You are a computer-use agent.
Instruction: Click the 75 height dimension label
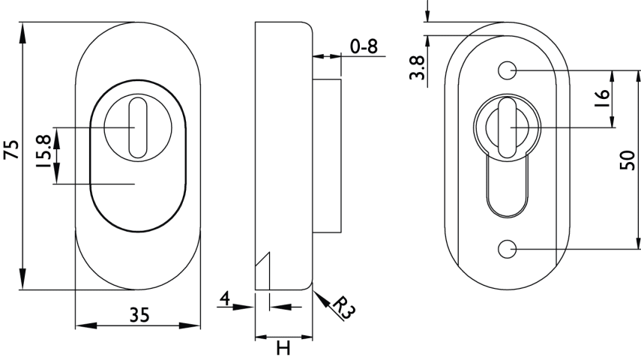[x=11, y=150]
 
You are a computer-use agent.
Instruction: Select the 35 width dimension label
[x=139, y=315]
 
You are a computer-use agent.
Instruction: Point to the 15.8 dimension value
[x=43, y=151]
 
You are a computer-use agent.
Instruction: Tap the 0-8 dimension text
[x=364, y=46]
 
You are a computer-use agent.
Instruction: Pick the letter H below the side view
[x=283, y=348]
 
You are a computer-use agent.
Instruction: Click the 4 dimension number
[x=225, y=298]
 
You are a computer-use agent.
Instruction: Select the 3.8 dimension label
[x=418, y=68]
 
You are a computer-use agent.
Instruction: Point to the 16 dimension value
[x=602, y=98]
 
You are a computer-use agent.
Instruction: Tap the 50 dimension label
[x=628, y=160]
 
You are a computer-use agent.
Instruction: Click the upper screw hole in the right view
[x=507, y=70]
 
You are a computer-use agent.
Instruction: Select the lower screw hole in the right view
[x=507, y=249]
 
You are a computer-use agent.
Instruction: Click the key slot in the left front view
[x=138, y=127]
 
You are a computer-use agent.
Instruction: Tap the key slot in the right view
[x=507, y=127]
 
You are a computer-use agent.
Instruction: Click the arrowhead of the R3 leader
[x=320, y=298]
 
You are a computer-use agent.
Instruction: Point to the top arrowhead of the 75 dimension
[x=23, y=32]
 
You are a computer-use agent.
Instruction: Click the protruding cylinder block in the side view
[x=327, y=156]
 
